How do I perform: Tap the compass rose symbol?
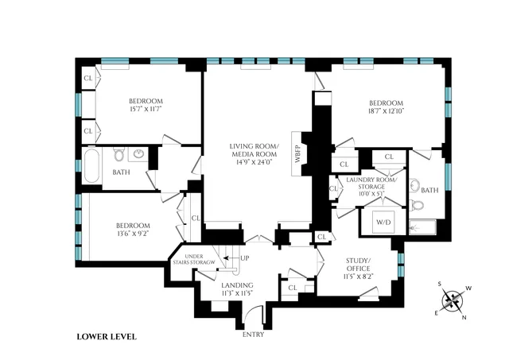click(453, 300)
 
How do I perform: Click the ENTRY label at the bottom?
click(254, 334)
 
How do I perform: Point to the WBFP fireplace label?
click(297, 153)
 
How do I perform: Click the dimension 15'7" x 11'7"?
click(146, 110)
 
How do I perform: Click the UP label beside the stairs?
click(244, 258)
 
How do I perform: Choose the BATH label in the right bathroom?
click(429, 190)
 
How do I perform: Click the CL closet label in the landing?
click(293, 287)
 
